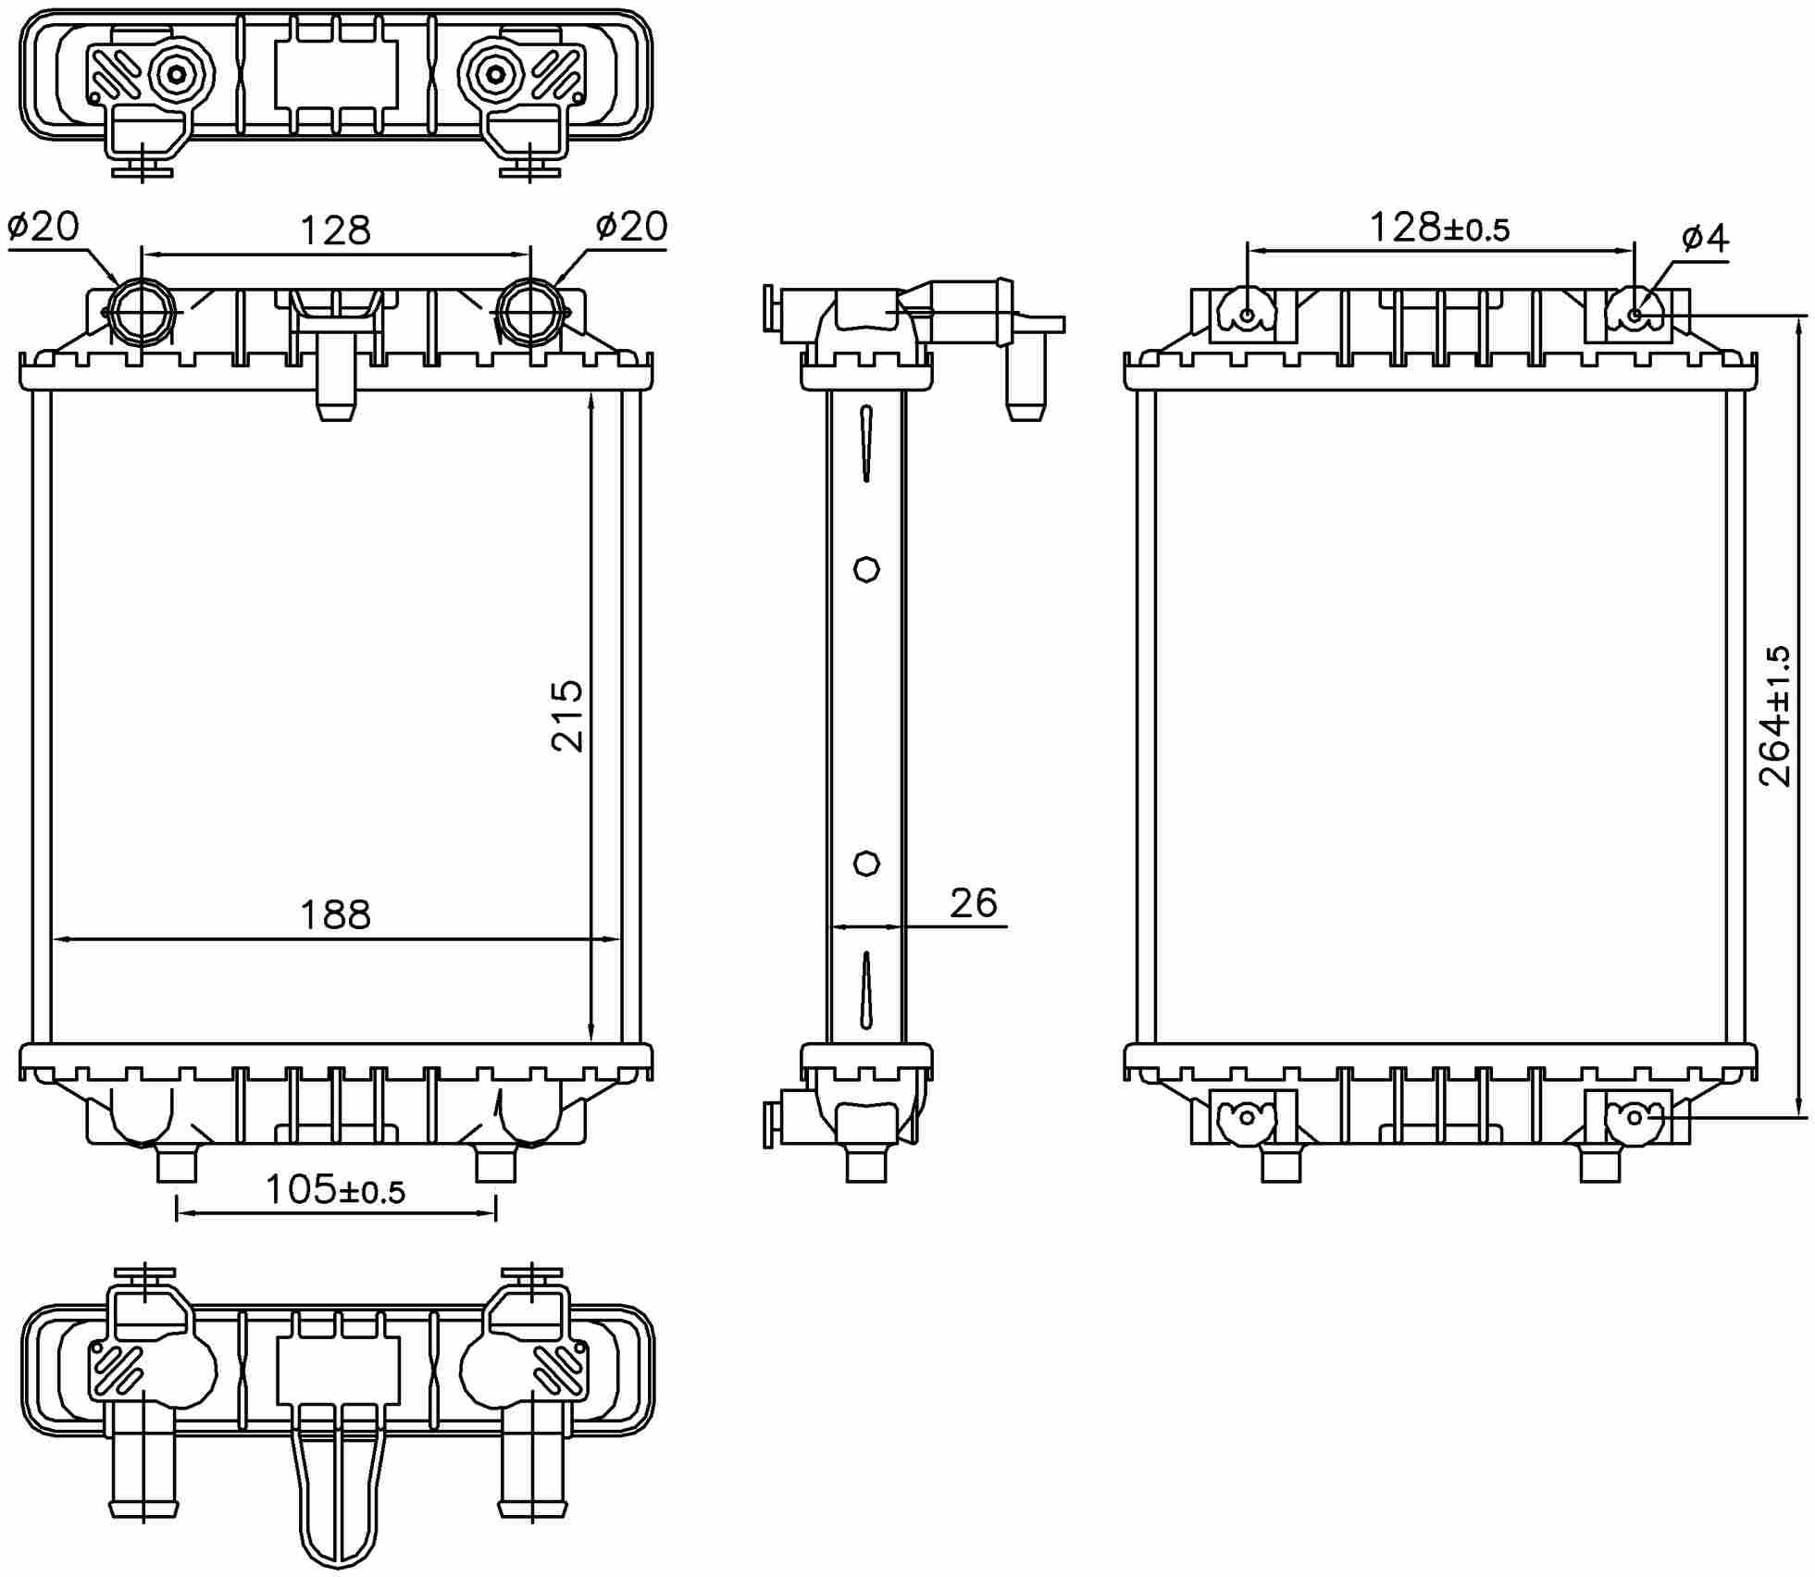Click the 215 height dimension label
click(567, 715)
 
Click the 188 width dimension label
click(335, 915)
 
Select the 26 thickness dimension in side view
click(973, 903)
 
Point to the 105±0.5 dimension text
click(335, 1190)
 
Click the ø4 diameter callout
click(1704, 238)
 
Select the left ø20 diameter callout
click(44, 226)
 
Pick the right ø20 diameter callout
click(631, 226)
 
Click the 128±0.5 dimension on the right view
click(1439, 228)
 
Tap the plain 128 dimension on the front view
click(335, 230)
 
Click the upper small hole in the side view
click(866, 569)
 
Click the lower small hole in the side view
click(866, 863)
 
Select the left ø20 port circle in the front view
click(141, 311)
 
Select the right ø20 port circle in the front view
click(529, 311)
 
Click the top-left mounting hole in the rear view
click(1248, 316)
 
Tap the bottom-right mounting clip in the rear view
click(1634, 1118)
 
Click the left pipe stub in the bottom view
click(143, 1471)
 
